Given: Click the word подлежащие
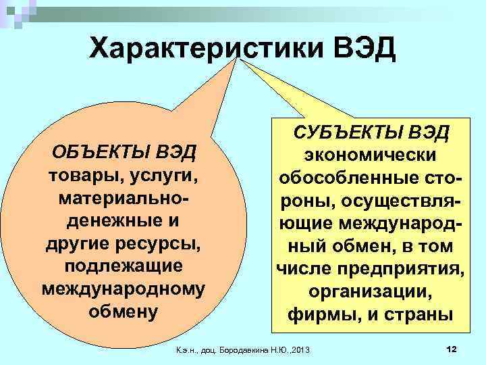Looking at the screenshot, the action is click(x=123, y=266).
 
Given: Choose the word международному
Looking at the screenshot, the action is click(x=123, y=289).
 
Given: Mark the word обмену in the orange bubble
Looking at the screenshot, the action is click(x=123, y=312).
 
